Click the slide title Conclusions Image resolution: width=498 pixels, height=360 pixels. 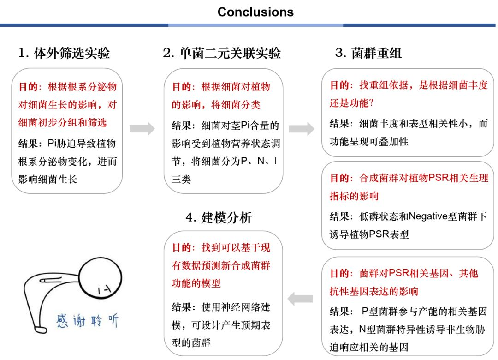tap(255, 12)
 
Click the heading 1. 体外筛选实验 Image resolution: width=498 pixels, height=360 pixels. tap(64, 53)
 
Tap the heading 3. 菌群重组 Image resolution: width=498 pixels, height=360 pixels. tap(368, 53)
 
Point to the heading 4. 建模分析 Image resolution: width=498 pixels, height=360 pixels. tap(219, 217)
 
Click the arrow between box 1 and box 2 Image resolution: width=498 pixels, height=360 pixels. tap(142, 129)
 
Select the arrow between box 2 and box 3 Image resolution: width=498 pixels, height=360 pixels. tap(302, 129)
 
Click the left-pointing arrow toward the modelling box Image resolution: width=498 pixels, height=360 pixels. tap(300, 300)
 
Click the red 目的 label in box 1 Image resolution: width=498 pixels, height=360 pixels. tap(29, 87)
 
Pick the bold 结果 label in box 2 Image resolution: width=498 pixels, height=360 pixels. tap(182, 126)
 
